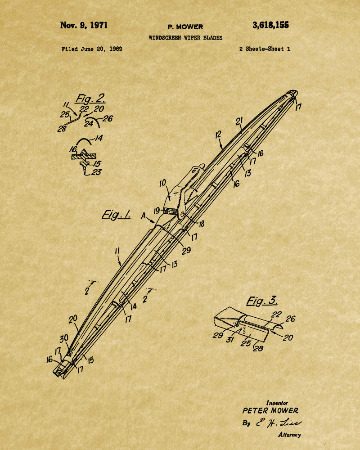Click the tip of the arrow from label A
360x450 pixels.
pyautogui.click(x=155, y=223)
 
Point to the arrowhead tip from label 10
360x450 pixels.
pyautogui.click(x=170, y=200)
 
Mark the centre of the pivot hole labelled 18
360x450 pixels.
pyautogui.click(x=181, y=214)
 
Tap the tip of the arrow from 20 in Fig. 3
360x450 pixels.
pyautogui.click(x=270, y=332)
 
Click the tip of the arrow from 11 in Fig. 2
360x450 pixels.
pyautogui.click(x=77, y=115)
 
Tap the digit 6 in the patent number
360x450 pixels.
pyautogui.click(x=261, y=25)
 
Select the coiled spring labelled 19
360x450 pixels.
pyautogui.click(x=171, y=211)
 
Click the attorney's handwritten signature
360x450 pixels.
pyautogui.click(x=279, y=423)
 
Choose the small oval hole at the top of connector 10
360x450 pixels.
pyautogui.click(x=193, y=171)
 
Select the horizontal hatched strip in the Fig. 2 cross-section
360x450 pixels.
pyautogui.click(x=84, y=157)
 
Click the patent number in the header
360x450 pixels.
pyautogui.click(x=270, y=25)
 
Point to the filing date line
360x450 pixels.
pyautogui.click(x=92, y=49)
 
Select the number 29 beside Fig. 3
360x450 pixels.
pyautogui.click(x=218, y=335)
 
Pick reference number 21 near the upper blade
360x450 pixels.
pyautogui.click(x=239, y=121)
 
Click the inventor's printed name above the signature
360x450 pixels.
pyautogui.click(x=270, y=410)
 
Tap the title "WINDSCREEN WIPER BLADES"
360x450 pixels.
pyautogui.click(x=185, y=38)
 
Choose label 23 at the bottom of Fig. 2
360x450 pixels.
pyautogui.click(x=96, y=172)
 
